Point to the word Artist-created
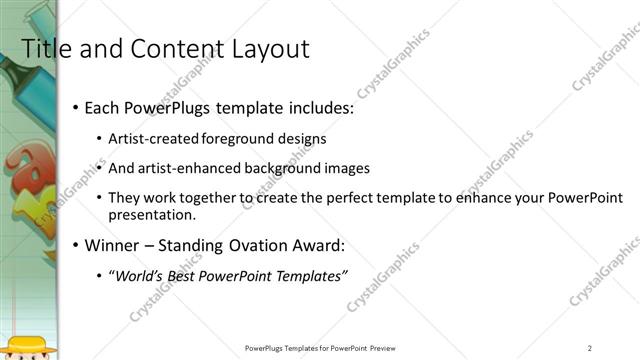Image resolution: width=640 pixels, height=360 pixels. pos(155,138)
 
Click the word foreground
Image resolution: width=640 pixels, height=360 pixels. pos(236,138)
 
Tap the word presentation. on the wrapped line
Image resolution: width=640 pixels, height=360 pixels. pos(153,214)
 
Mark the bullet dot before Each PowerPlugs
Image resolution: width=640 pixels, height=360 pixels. pos(76,108)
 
